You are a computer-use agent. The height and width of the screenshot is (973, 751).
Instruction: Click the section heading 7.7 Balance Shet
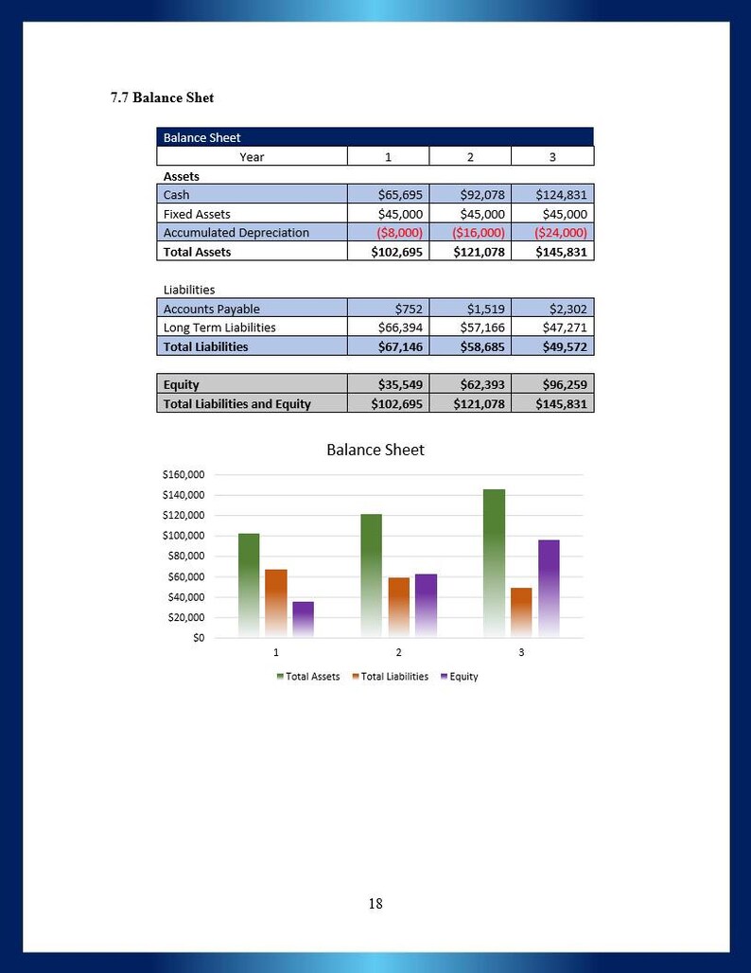[162, 97]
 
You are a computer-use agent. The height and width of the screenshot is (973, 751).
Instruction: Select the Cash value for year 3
[561, 195]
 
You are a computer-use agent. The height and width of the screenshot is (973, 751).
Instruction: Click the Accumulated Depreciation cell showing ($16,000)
[479, 233]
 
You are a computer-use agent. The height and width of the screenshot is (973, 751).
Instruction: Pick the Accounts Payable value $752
[408, 309]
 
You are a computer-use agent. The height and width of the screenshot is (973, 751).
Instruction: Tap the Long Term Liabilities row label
[219, 327]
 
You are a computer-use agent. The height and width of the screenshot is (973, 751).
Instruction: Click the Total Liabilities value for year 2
[481, 346]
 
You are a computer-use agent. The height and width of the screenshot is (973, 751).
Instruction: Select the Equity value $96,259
[565, 384]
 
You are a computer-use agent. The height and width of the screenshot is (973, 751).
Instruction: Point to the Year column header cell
[252, 156]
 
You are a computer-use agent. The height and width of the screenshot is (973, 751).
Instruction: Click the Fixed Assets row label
[197, 214]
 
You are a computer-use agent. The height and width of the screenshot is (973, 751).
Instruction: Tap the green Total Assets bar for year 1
[249, 585]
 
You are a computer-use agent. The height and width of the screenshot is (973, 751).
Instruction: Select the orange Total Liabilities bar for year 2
[399, 608]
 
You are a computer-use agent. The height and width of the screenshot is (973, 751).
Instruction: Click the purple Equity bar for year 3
[549, 589]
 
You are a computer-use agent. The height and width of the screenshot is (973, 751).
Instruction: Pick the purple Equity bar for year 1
[304, 619]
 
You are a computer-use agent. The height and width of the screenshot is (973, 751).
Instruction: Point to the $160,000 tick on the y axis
[183, 475]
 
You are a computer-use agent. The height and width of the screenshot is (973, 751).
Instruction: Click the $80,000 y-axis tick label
[186, 556]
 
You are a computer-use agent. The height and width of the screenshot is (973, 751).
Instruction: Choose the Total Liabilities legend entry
[390, 677]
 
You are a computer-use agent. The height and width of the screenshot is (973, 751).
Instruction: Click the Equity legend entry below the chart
[459, 677]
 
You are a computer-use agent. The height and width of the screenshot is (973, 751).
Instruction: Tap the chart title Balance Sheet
[375, 450]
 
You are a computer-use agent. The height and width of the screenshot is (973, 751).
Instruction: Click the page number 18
[375, 904]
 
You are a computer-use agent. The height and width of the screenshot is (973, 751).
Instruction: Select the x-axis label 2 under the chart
[399, 652]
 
